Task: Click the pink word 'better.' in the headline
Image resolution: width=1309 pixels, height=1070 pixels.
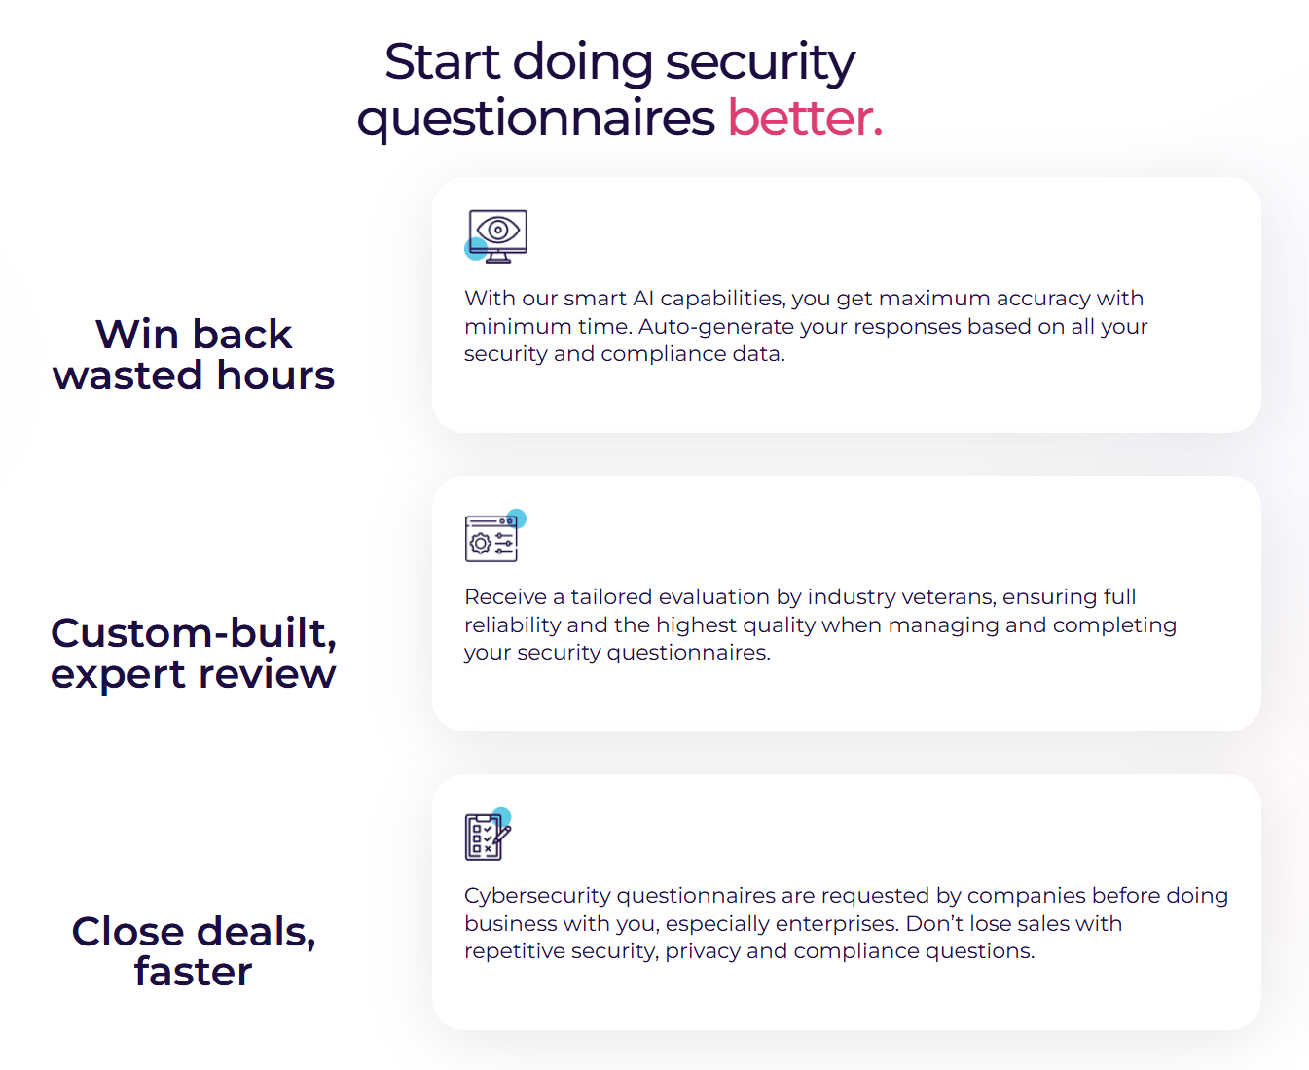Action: (805, 119)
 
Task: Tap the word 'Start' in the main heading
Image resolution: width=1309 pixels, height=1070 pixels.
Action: (441, 62)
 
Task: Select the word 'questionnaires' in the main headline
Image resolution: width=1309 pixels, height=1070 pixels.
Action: (536, 119)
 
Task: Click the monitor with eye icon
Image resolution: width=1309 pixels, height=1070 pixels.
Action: (497, 235)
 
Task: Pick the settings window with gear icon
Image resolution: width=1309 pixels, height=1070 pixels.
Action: (492, 538)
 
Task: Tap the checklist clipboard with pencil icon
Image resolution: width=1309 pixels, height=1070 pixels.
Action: (487, 836)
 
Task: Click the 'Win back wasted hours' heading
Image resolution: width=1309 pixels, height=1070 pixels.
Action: (194, 355)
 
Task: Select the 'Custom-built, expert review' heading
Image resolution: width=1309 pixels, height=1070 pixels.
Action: (194, 653)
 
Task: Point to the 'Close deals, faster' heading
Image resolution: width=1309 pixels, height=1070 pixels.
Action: (194, 951)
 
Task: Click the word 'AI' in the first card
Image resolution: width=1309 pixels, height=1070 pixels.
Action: (642, 299)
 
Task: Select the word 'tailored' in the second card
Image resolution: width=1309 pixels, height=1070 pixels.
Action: (610, 597)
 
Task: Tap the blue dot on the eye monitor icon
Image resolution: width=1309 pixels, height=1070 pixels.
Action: (476, 249)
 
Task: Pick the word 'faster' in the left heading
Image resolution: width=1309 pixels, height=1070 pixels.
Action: (194, 972)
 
